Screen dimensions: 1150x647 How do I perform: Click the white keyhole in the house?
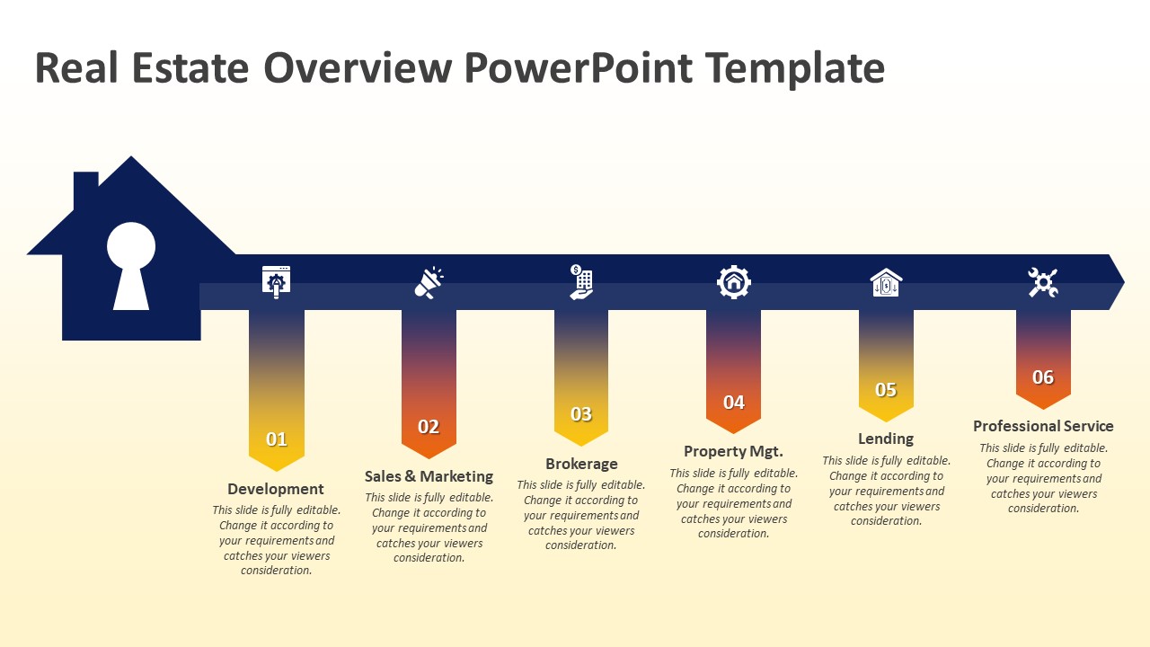tap(131, 266)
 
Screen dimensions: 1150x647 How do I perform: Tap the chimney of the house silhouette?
tap(86, 188)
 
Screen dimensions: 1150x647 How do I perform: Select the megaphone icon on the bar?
tap(429, 282)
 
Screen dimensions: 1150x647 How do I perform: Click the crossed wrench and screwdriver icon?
tap(1043, 282)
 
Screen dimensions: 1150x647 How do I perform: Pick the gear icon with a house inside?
tap(734, 282)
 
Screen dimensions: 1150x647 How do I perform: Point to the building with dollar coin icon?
tap(581, 282)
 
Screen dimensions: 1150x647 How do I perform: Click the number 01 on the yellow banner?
tap(276, 439)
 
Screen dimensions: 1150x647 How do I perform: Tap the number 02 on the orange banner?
tap(429, 427)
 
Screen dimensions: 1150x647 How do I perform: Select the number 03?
tap(581, 414)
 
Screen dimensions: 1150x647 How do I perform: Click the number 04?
tap(734, 402)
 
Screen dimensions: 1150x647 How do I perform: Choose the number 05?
tap(886, 390)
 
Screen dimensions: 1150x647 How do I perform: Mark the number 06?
tap(1043, 377)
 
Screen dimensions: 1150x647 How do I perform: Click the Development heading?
tap(276, 489)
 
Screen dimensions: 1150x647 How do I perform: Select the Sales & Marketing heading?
tap(429, 476)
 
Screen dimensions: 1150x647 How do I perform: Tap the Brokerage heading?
tap(581, 464)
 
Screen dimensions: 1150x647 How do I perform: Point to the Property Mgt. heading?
tap(734, 451)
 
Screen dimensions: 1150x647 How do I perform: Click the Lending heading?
tap(886, 439)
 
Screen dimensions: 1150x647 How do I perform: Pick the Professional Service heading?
tap(1043, 426)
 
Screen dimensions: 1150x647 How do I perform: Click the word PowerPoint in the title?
tap(579, 68)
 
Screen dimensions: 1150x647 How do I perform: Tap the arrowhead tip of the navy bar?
tap(1124, 281)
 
